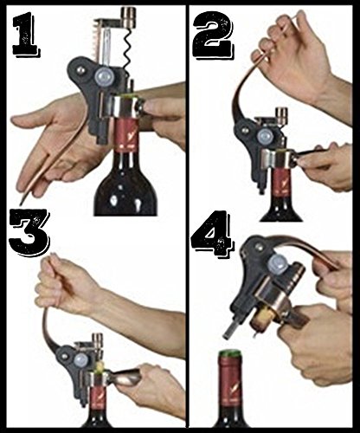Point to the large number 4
click(211, 235)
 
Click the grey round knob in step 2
click(265, 136)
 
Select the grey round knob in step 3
click(81, 361)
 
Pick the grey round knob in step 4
click(277, 263)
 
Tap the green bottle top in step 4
click(230, 352)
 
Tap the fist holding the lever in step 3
click(62, 284)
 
